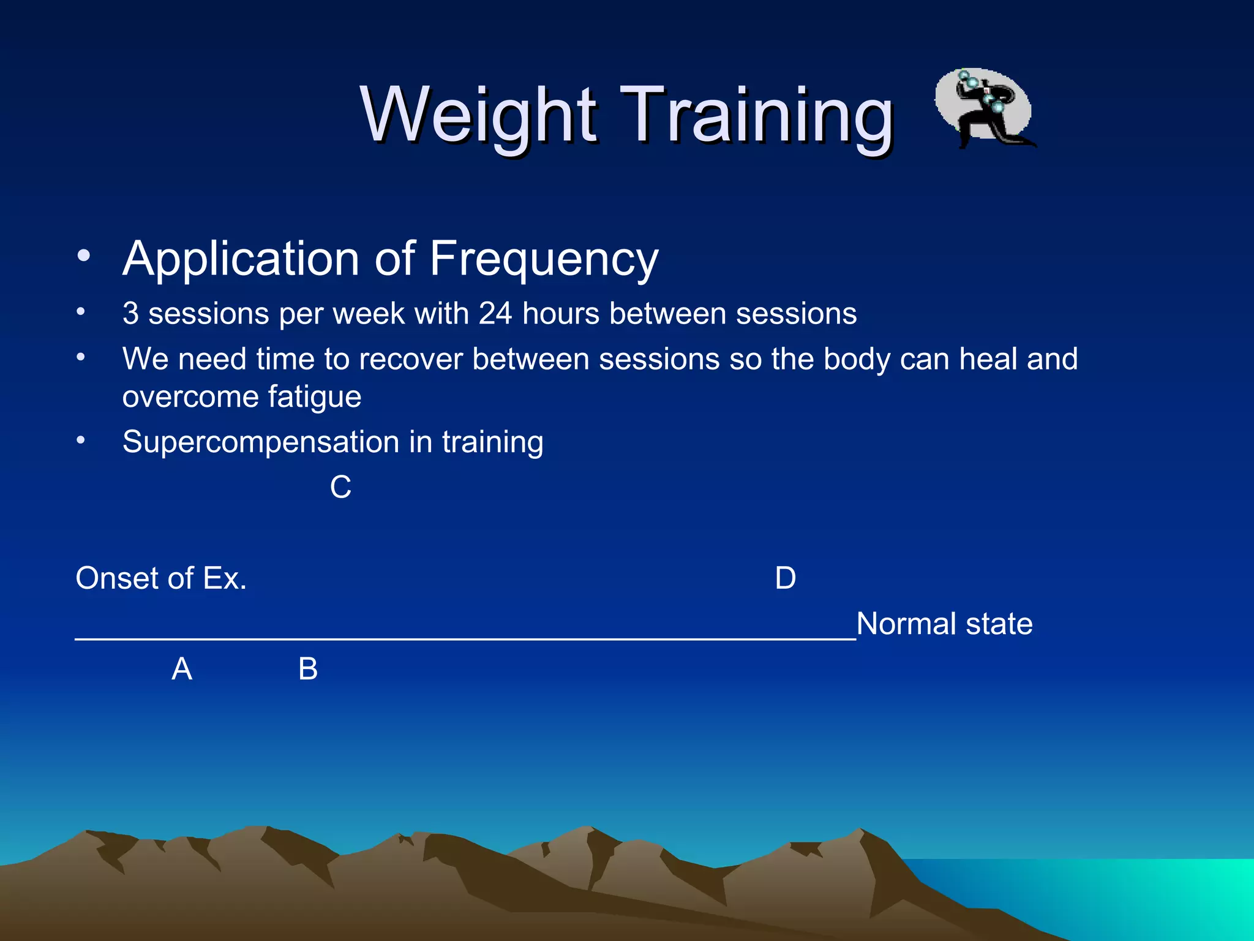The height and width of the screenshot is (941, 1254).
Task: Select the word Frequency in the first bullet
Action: coord(543,260)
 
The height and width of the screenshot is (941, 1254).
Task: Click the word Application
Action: coord(241,260)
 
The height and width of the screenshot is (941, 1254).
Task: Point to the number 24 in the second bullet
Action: coord(495,314)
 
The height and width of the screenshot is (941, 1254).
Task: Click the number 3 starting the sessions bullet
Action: coord(130,314)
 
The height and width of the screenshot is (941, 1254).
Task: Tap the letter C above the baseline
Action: coord(340,488)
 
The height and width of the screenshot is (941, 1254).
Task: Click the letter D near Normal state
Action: coord(785,578)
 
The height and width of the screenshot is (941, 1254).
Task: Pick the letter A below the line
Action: coord(182,669)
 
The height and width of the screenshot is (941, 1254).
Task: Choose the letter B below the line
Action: coord(308,669)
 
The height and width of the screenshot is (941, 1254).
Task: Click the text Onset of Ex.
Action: coord(161,578)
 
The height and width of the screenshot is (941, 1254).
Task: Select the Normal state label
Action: coord(944,624)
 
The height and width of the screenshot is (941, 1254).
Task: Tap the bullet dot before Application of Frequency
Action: coord(84,255)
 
